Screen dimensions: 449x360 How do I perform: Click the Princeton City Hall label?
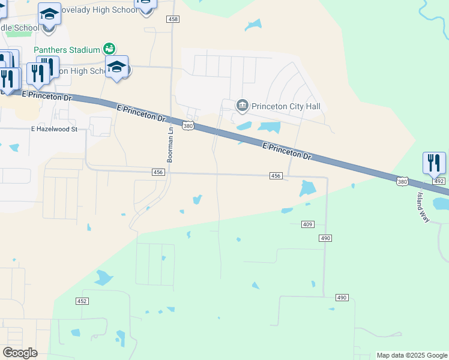pyautogui.click(x=286, y=106)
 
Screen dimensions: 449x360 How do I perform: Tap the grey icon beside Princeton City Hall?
pyautogui.click(x=243, y=106)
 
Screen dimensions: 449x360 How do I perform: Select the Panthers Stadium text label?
pyautogui.click(x=67, y=49)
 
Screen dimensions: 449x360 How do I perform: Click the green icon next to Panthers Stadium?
pyautogui.click(x=109, y=49)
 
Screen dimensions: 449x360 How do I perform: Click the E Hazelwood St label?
pyautogui.click(x=55, y=129)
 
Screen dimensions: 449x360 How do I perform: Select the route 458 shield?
pyautogui.click(x=173, y=20)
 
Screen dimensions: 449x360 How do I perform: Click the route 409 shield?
pyautogui.click(x=307, y=224)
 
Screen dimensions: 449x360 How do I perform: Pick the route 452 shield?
pyautogui.click(x=82, y=301)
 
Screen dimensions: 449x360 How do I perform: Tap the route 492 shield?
pyautogui.click(x=439, y=181)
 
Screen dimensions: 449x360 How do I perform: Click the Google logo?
pyautogui.click(x=20, y=353)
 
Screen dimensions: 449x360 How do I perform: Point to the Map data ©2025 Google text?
pyautogui.click(x=411, y=355)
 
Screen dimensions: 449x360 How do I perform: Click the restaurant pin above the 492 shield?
pyautogui.click(x=434, y=163)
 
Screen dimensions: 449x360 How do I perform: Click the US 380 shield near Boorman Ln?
pyautogui.click(x=188, y=126)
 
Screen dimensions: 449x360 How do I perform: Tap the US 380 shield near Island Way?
pyautogui.click(x=402, y=181)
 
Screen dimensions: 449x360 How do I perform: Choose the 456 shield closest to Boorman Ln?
pyautogui.click(x=158, y=172)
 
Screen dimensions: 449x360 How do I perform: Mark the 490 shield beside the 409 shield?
pyautogui.click(x=325, y=238)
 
